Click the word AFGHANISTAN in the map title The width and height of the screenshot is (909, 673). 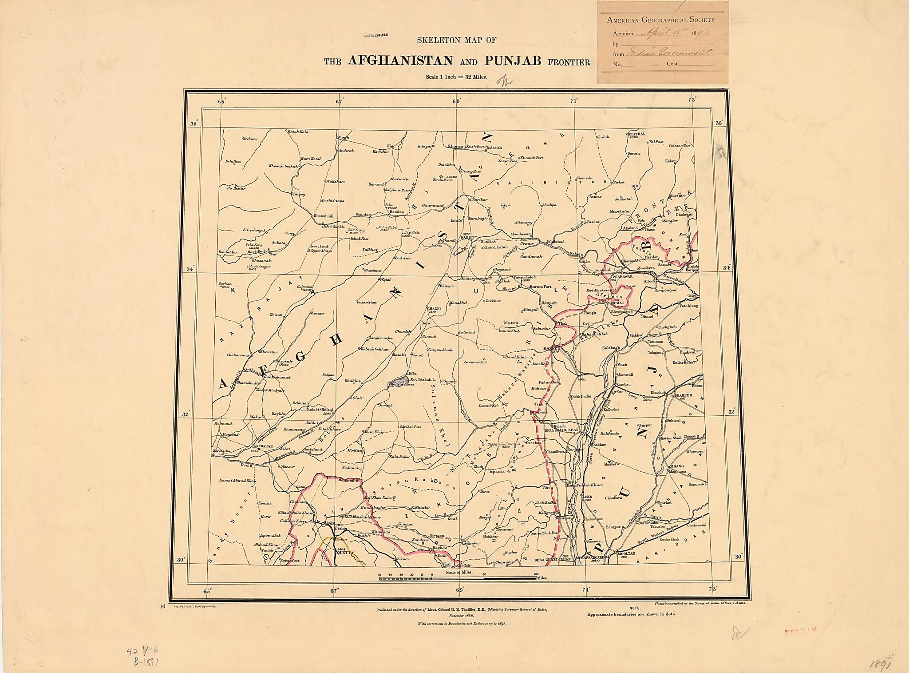pyautogui.click(x=400, y=60)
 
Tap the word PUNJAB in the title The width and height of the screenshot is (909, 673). pyautogui.click(x=513, y=60)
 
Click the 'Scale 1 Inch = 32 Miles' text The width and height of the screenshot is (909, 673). pyautogui.click(x=456, y=77)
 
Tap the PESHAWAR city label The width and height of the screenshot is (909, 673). pyautogui.click(x=623, y=276)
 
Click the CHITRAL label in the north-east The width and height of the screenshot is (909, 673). pyautogui.click(x=636, y=134)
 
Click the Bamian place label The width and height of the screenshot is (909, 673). pyautogui.click(x=397, y=212)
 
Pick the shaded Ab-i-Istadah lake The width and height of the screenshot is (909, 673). pyautogui.click(x=398, y=381)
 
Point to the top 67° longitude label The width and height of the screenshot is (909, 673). pyautogui.click(x=339, y=102)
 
